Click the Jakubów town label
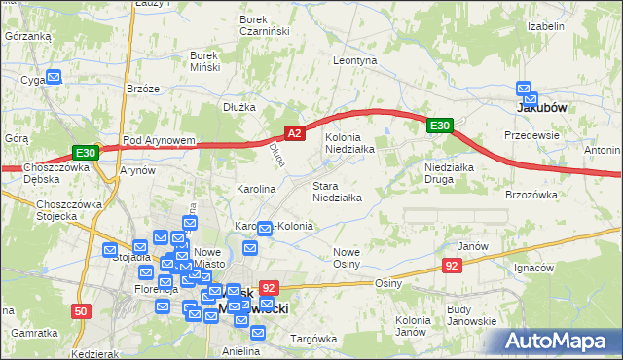coord(540,109)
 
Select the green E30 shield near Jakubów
coord(440,125)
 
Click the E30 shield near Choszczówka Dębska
coord(85,153)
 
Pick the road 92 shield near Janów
coord(452,265)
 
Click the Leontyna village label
coord(354,60)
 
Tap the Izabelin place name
coord(546,26)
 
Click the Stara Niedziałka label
coord(337,192)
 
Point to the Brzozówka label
coord(531,195)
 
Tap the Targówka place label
coord(312,339)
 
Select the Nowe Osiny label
coord(347,258)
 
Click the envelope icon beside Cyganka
coord(55,77)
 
